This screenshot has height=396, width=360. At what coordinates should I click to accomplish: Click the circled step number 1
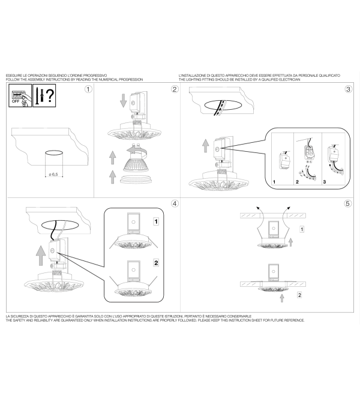[88, 89]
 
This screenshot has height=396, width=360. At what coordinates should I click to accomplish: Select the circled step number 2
[175, 89]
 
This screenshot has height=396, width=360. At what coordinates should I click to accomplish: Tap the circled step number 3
[349, 89]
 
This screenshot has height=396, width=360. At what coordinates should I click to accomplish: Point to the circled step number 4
[175, 203]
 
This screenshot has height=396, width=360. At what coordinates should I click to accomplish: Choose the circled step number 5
[348, 203]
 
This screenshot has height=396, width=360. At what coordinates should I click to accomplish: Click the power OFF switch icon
[20, 95]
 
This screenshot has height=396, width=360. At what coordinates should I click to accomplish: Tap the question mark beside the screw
[50, 95]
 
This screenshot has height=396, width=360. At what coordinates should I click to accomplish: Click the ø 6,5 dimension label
[53, 174]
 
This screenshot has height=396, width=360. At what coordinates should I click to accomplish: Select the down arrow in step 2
[123, 101]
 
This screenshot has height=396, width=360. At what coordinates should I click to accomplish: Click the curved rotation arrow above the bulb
[136, 151]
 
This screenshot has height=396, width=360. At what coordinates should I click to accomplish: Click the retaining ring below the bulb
[136, 179]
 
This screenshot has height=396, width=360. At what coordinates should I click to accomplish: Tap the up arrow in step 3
[206, 146]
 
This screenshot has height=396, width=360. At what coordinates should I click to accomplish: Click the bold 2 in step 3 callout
[297, 182]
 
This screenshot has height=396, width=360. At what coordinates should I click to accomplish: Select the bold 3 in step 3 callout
[325, 182]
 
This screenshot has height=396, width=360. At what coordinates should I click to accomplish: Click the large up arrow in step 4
[41, 256]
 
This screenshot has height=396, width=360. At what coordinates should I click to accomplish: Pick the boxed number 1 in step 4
[156, 222]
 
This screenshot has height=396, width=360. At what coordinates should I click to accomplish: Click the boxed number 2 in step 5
[299, 295]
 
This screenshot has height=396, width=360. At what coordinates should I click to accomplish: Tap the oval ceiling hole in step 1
[54, 153]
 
